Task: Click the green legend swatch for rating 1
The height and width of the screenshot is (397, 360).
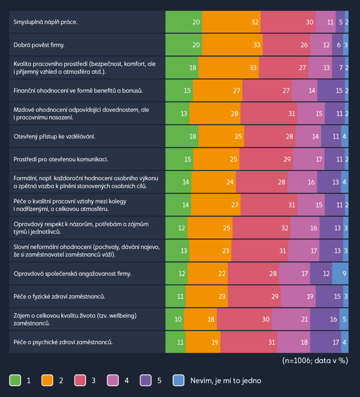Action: pyautogui.click(x=15, y=380)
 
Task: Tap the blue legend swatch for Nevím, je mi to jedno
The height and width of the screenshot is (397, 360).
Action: pyautogui.click(x=178, y=380)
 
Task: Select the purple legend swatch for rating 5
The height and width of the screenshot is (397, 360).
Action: pyautogui.click(x=146, y=380)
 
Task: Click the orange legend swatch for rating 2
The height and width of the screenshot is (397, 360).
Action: pyautogui.click(x=48, y=380)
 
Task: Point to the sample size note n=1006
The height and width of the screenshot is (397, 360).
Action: pyautogui.click(x=315, y=361)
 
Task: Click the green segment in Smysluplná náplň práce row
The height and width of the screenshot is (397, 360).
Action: pyautogui.click(x=184, y=22)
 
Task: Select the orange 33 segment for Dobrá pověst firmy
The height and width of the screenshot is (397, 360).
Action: pyautogui.click(x=232, y=45)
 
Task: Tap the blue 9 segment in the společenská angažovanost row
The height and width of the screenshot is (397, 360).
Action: pyautogui.click(x=340, y=274)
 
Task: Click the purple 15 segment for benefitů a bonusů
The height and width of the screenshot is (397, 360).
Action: pyautogui.click(x=331, y=91)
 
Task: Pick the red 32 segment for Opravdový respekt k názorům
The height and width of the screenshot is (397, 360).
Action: pyautogui.click(x=261, y=228)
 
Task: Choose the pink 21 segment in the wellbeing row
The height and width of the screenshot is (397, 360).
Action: pyautogui.click(x=291, y=319)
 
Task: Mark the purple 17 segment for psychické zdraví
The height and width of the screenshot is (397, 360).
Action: pyautogui.click(x=325, y=342)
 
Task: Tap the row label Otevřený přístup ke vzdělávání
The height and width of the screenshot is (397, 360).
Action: pyautogui.click(x=54, y=136)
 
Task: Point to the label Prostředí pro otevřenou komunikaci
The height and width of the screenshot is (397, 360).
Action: pyautogui.click(x=61, y=159)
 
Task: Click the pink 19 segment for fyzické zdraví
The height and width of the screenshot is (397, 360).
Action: pyautogui.click(x=298, y=297)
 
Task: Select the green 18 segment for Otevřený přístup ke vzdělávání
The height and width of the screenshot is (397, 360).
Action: pyautogui.click(x=182, y=136)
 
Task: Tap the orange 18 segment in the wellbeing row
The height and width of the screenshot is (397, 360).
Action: pyautogui.click(x=200, y=319)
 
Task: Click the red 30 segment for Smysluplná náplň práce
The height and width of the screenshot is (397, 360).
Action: pyautogui.click(x=288, y=22)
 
